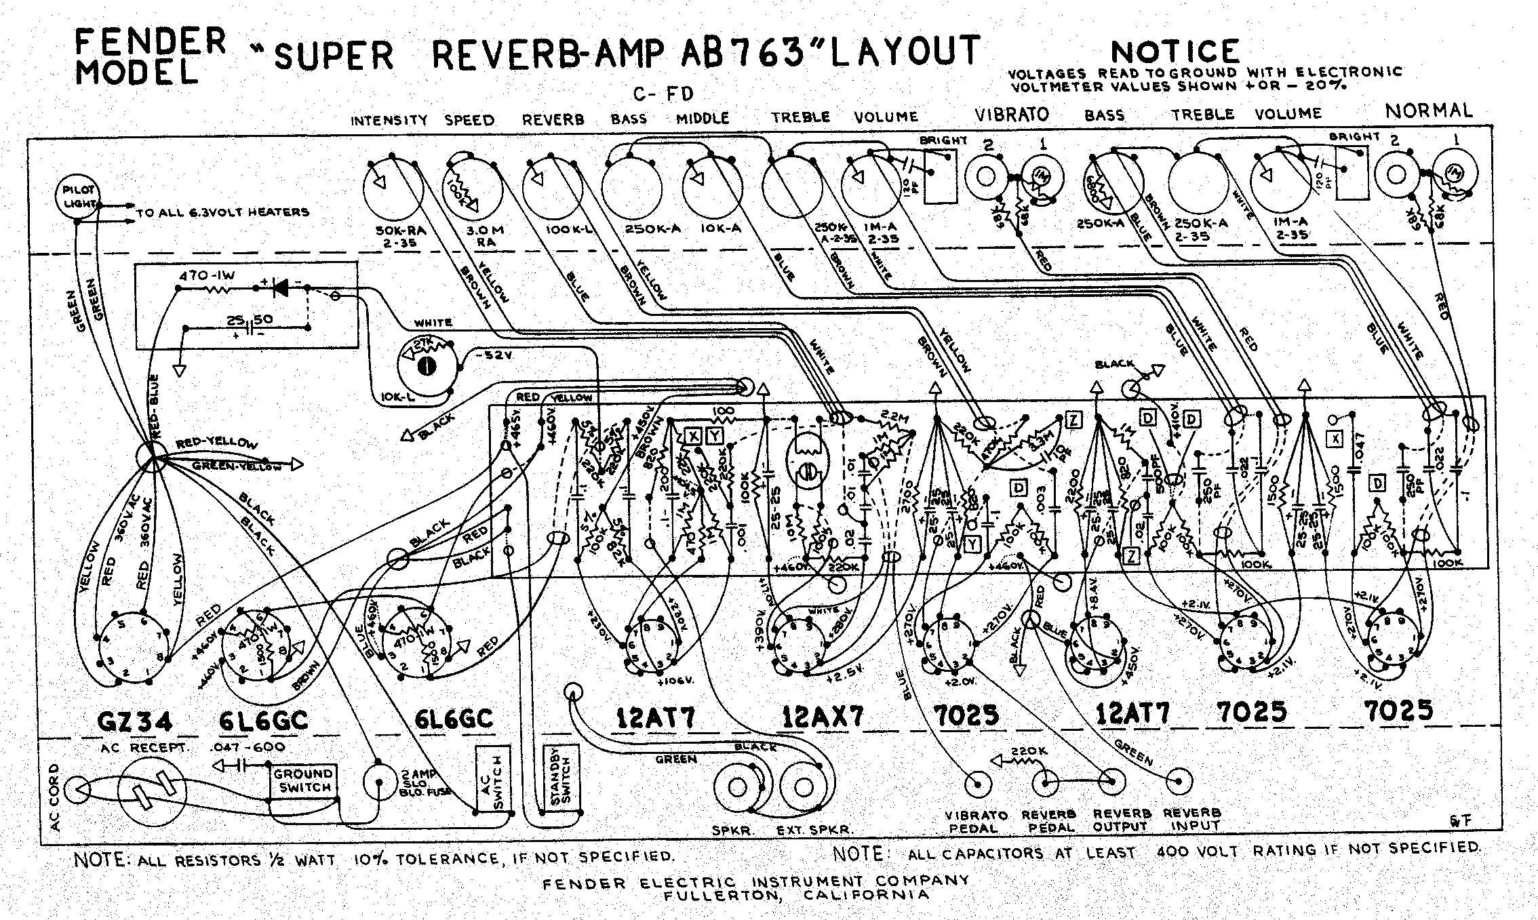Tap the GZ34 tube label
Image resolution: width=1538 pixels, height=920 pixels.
(136, 721)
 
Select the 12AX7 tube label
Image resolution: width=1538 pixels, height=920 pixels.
(822, 717)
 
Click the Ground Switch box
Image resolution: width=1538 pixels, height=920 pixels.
(304, 781)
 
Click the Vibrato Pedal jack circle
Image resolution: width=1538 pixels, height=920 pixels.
(978, 784)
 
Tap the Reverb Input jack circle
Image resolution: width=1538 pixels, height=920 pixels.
(1179, 782)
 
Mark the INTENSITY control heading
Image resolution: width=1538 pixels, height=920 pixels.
(389, 121)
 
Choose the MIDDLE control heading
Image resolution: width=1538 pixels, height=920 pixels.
(703, 119)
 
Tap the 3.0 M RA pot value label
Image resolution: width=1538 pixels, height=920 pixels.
(484, 235)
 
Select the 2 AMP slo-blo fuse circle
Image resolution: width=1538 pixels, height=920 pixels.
(378, 782)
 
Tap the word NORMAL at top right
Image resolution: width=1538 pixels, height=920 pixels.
(1428, 111)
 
